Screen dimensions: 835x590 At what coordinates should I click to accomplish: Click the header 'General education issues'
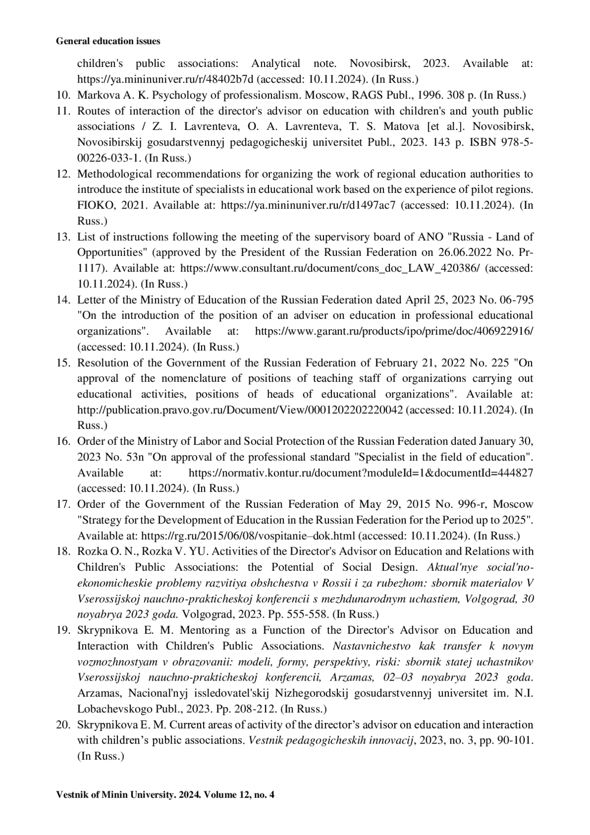click(108, 42)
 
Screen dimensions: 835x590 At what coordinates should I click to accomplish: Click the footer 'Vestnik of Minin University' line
click(165, 794)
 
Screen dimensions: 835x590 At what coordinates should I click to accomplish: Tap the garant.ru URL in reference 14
click(394, 331)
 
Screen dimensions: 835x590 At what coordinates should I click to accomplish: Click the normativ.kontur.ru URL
click(361, 473)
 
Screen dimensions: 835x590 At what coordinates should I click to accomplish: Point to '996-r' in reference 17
click(473, 504)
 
